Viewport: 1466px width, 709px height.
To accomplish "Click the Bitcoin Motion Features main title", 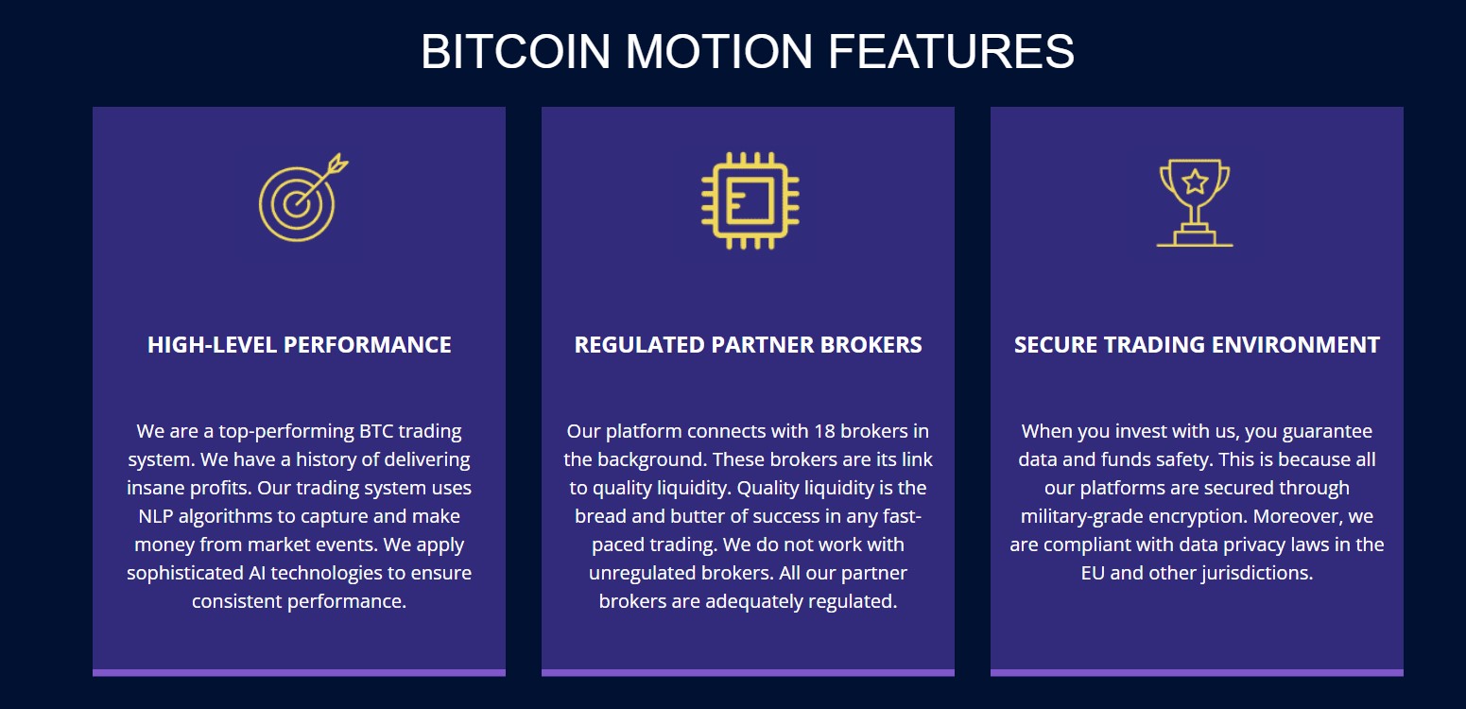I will [x=747, y=51].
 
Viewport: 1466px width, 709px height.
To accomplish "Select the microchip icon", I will [x=750, y=199].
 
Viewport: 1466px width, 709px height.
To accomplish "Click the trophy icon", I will [x=1195, y=202].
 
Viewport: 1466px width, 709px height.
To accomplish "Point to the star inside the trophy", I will [x=1195, y=181].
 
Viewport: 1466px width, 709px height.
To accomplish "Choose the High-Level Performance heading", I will [x=299, y=345].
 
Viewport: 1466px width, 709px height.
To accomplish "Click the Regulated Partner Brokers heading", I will [x=748, y=345].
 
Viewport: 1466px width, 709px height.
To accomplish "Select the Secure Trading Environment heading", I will [x=1197, y=345].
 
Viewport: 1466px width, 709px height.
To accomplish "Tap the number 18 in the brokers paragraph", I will [x=824, y=432].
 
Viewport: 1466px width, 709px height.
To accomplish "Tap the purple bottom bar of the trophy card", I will [x=1197, y=673].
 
